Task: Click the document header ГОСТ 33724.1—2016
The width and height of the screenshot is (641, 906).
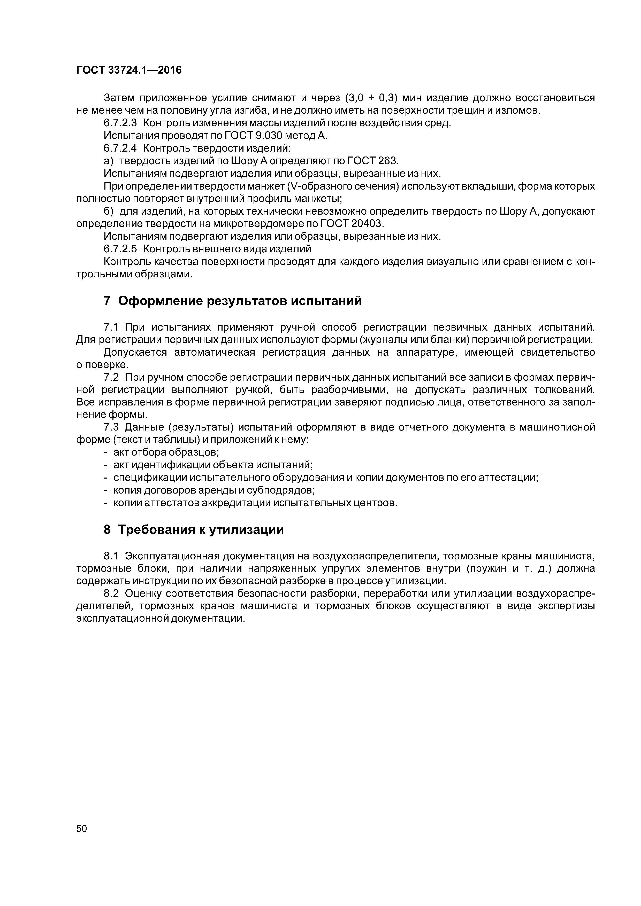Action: click(x=129, y=70)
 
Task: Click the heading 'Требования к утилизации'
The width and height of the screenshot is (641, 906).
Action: click(x=201, y=529)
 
